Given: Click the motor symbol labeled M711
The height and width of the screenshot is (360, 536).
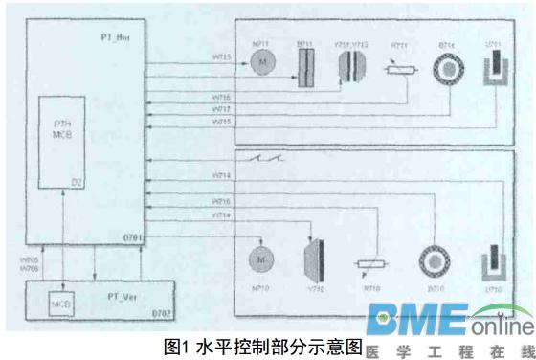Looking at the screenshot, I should click(x=260, y=61).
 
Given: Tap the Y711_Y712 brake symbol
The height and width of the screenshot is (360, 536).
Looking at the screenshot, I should click(x=352, y=64).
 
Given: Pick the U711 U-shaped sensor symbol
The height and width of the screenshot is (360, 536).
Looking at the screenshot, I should click(x=494, y=68).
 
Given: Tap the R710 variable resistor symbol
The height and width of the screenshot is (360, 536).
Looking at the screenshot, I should click(x=369, y=266).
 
